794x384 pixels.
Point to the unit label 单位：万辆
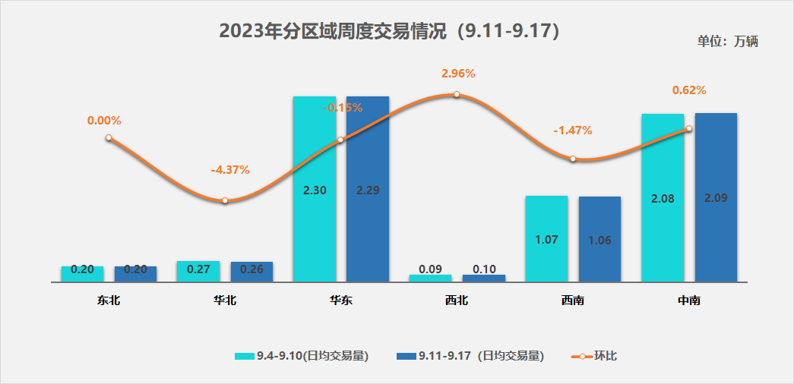click(x=727, y=42)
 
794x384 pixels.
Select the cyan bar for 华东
click(x=314, y=189)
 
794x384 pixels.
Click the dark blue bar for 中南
click(x=716, y=197)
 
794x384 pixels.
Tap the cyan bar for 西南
click(x=546, y=238)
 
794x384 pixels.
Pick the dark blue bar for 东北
click(x=135, y=273)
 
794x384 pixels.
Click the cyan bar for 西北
click(x=430, y=278)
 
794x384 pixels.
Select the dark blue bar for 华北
click(x=251, y=271)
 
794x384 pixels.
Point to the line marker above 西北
click(x=457, y=95)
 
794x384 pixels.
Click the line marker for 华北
click(x=225, y=200)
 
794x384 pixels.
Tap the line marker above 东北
click(x=109, y=138)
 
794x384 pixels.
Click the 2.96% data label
click(x=458, y=74)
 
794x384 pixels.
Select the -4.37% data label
click(x=230, y=169)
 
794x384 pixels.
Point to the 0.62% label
click(x=689, y=90)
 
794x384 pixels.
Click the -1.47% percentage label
click(x=573, y=130)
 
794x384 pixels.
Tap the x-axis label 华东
click(x=341, y=301)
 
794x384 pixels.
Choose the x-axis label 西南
click(x=573, y=301)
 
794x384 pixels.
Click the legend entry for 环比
click(x=594, y=355)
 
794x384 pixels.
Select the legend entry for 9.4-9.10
click(x=302, y=355)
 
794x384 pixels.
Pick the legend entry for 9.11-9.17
click(x=470, y=355)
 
